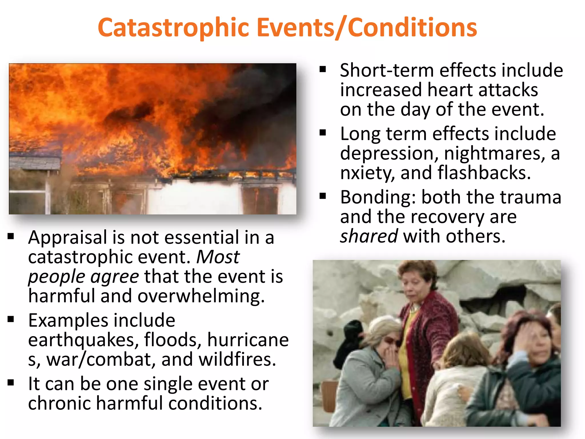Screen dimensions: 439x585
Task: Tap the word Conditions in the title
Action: coord(412,28)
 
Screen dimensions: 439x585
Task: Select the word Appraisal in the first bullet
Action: coord(68,238)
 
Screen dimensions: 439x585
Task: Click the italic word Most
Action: coord(218,257)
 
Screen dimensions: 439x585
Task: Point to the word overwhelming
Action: coord(201,296)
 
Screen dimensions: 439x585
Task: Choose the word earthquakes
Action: coord(83,340)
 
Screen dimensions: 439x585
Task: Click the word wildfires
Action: coord(237,359)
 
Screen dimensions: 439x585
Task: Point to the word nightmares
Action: coord(494,153)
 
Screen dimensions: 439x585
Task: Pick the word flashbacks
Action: coord(484,173)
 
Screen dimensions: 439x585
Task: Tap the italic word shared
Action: coord(369,236)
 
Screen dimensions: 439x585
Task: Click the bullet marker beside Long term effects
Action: coord(323,133)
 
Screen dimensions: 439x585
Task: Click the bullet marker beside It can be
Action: coord(11,382)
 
